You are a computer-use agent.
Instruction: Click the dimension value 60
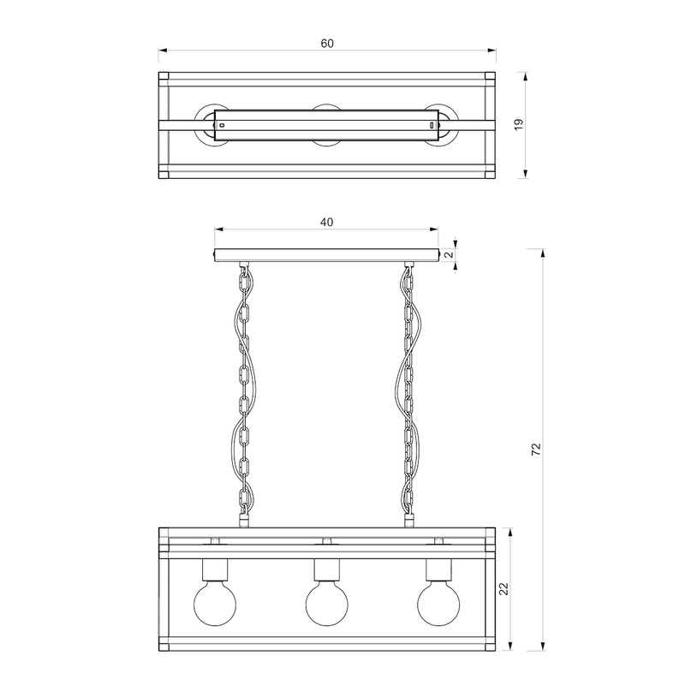point(327,43)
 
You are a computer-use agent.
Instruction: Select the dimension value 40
point(326,222)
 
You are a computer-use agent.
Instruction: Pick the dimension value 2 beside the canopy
point(448,254)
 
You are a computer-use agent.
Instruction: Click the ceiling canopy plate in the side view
point(326,255)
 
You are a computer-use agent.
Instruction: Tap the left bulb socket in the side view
point(214,569)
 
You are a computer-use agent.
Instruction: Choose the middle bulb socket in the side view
point(326,569)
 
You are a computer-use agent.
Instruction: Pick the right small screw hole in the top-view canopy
point(431,124)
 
